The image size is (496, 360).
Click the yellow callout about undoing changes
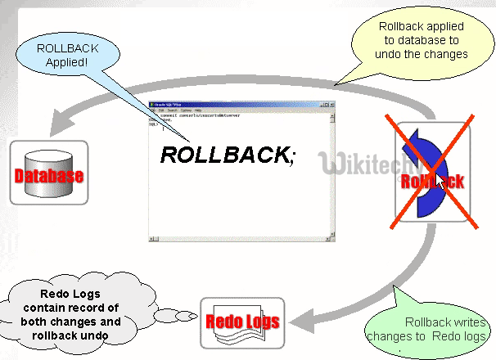pos(422,41)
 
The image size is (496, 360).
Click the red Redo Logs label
pos(241,322)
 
